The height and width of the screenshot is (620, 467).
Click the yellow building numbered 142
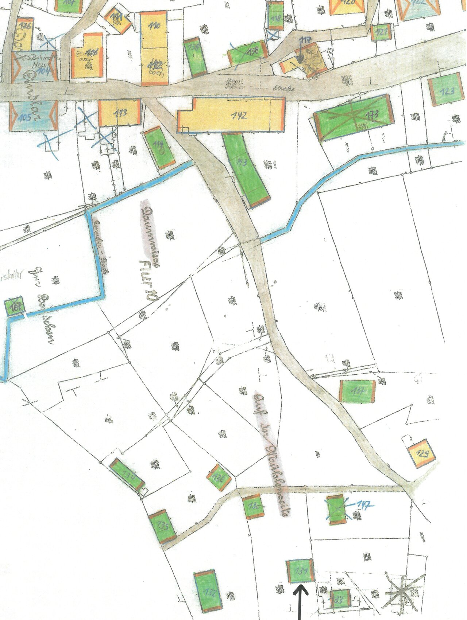pyautogui.click(x=231, y=115)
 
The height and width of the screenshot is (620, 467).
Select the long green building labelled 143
pyautogui.click(x=246, y=169)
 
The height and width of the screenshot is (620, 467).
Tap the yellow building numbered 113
pyautogui.click(x=119, y=113)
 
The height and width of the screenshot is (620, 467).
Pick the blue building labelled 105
pyautogui.click(x=33, y=116)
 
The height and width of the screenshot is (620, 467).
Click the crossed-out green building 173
pyautogui.click(x=353, y=117)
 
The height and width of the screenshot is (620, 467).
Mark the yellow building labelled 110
pyautogui.click(x=154, y=29)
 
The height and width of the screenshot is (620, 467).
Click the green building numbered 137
pyautogui.click(x=357, y=391)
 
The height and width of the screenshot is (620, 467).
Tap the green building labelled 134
pyautogui.click(x=128, y=475)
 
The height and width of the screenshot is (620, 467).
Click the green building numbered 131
pyautogui.click(x=300, y=571)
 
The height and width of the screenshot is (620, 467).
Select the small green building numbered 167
pyautogui.click(x=14, y=307)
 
